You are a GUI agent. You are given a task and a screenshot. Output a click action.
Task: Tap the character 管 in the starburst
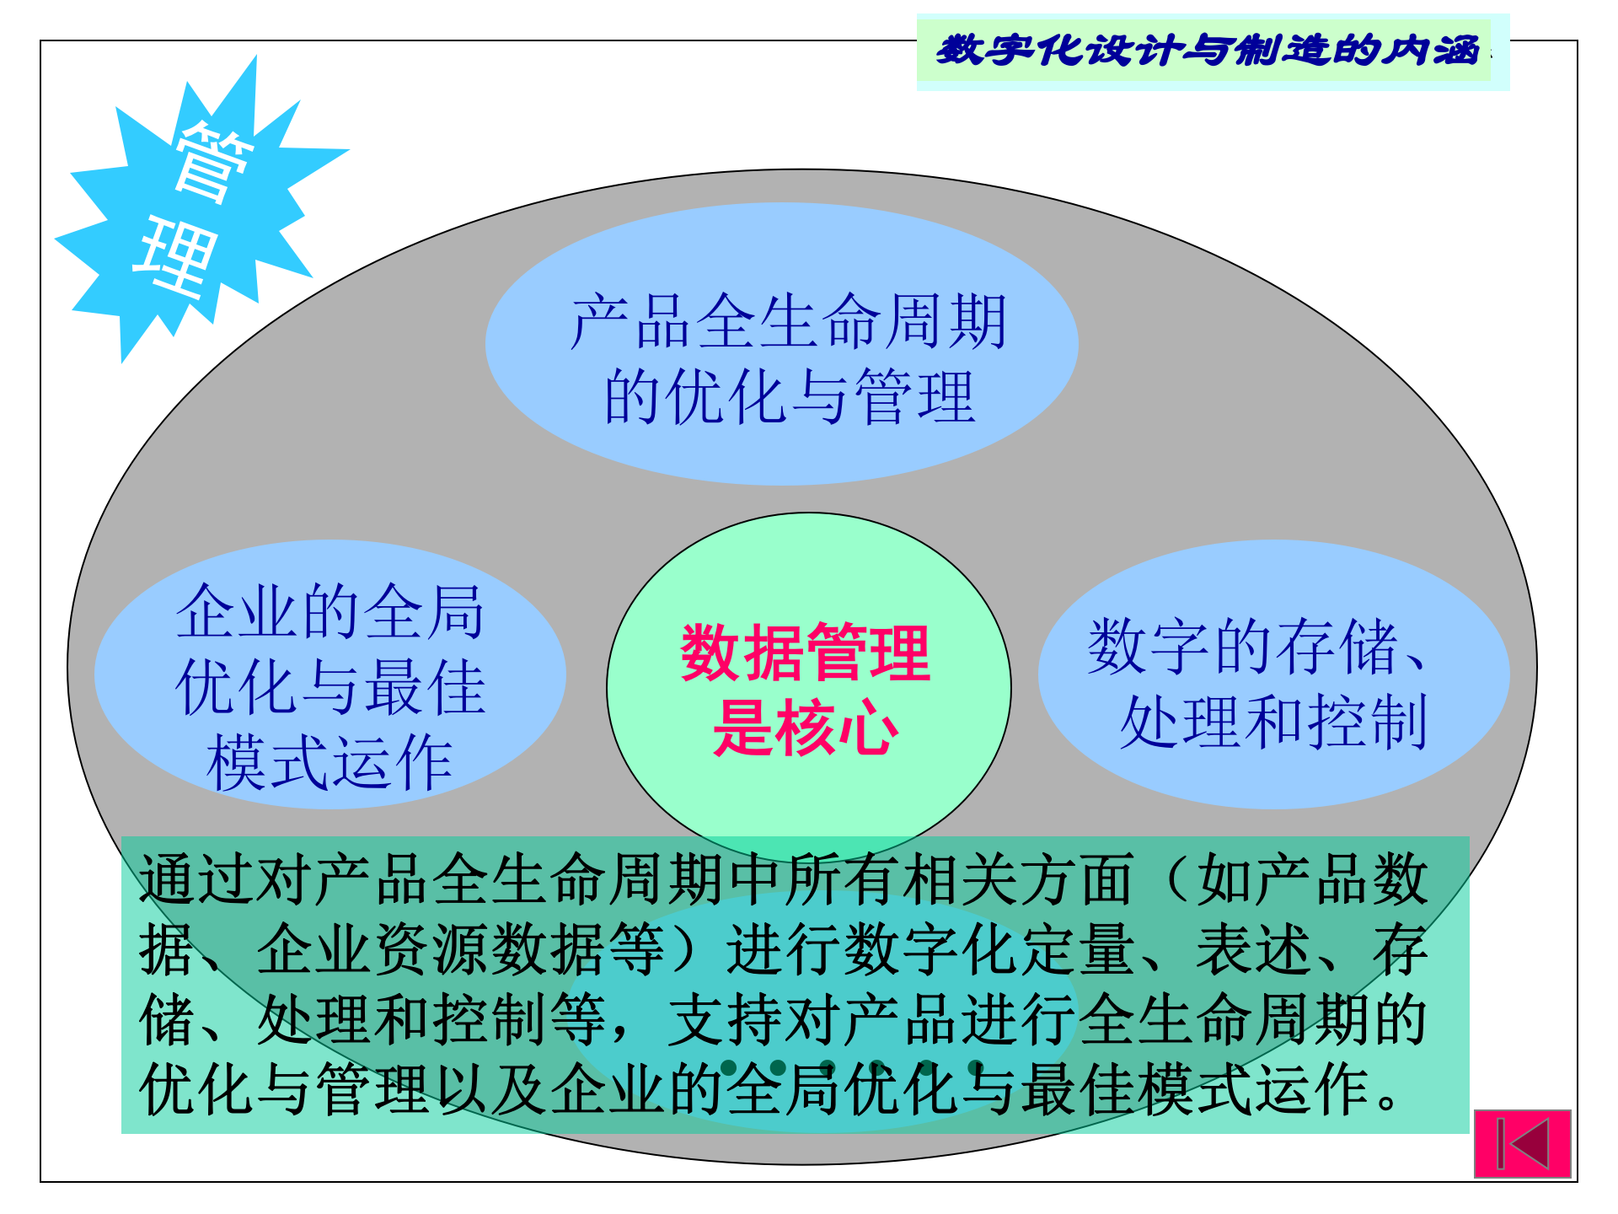click(x=212, y=162)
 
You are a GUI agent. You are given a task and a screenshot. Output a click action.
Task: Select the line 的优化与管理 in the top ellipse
click(x=790, y=396)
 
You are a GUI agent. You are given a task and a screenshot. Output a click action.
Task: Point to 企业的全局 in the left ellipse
click(x=329, y=612)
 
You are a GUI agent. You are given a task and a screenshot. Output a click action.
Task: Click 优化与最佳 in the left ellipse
click(x=329, y=687)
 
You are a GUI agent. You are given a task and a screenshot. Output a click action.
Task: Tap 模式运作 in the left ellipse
click(x=329, y=762)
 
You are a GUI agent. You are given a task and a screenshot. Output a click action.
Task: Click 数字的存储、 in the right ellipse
click(x=1256, y=647)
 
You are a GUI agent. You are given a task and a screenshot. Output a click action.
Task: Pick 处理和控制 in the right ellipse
click(x=1272, y=722)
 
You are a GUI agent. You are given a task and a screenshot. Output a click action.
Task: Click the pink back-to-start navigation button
click(x=1522, y=1143)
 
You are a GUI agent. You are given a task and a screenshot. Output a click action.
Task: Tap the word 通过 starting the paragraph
click(x=197, y=879)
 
